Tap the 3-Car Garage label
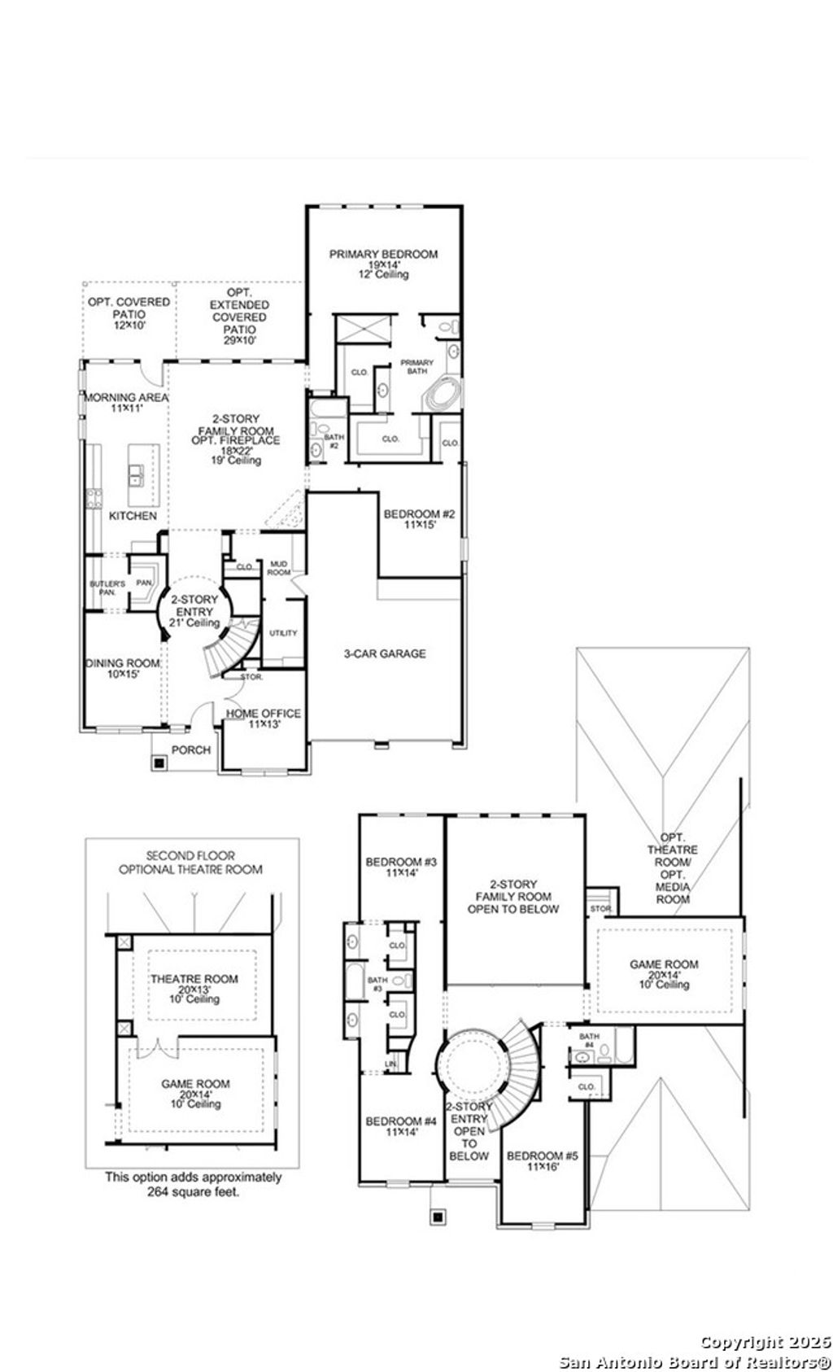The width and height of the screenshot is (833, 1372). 383,653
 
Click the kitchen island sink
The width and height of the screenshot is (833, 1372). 135,473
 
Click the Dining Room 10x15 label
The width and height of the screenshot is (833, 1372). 123,668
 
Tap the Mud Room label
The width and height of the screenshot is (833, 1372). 280,567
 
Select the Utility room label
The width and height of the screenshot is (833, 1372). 283,633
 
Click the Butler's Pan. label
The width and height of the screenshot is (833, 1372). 107,588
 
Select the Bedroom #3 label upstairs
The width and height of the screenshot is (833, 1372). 402,867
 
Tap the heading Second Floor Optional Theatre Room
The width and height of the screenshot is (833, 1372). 191,862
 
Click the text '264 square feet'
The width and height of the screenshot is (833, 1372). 194,1191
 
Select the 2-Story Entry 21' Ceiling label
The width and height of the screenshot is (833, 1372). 194,611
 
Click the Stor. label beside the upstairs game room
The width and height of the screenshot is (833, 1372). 600,907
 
